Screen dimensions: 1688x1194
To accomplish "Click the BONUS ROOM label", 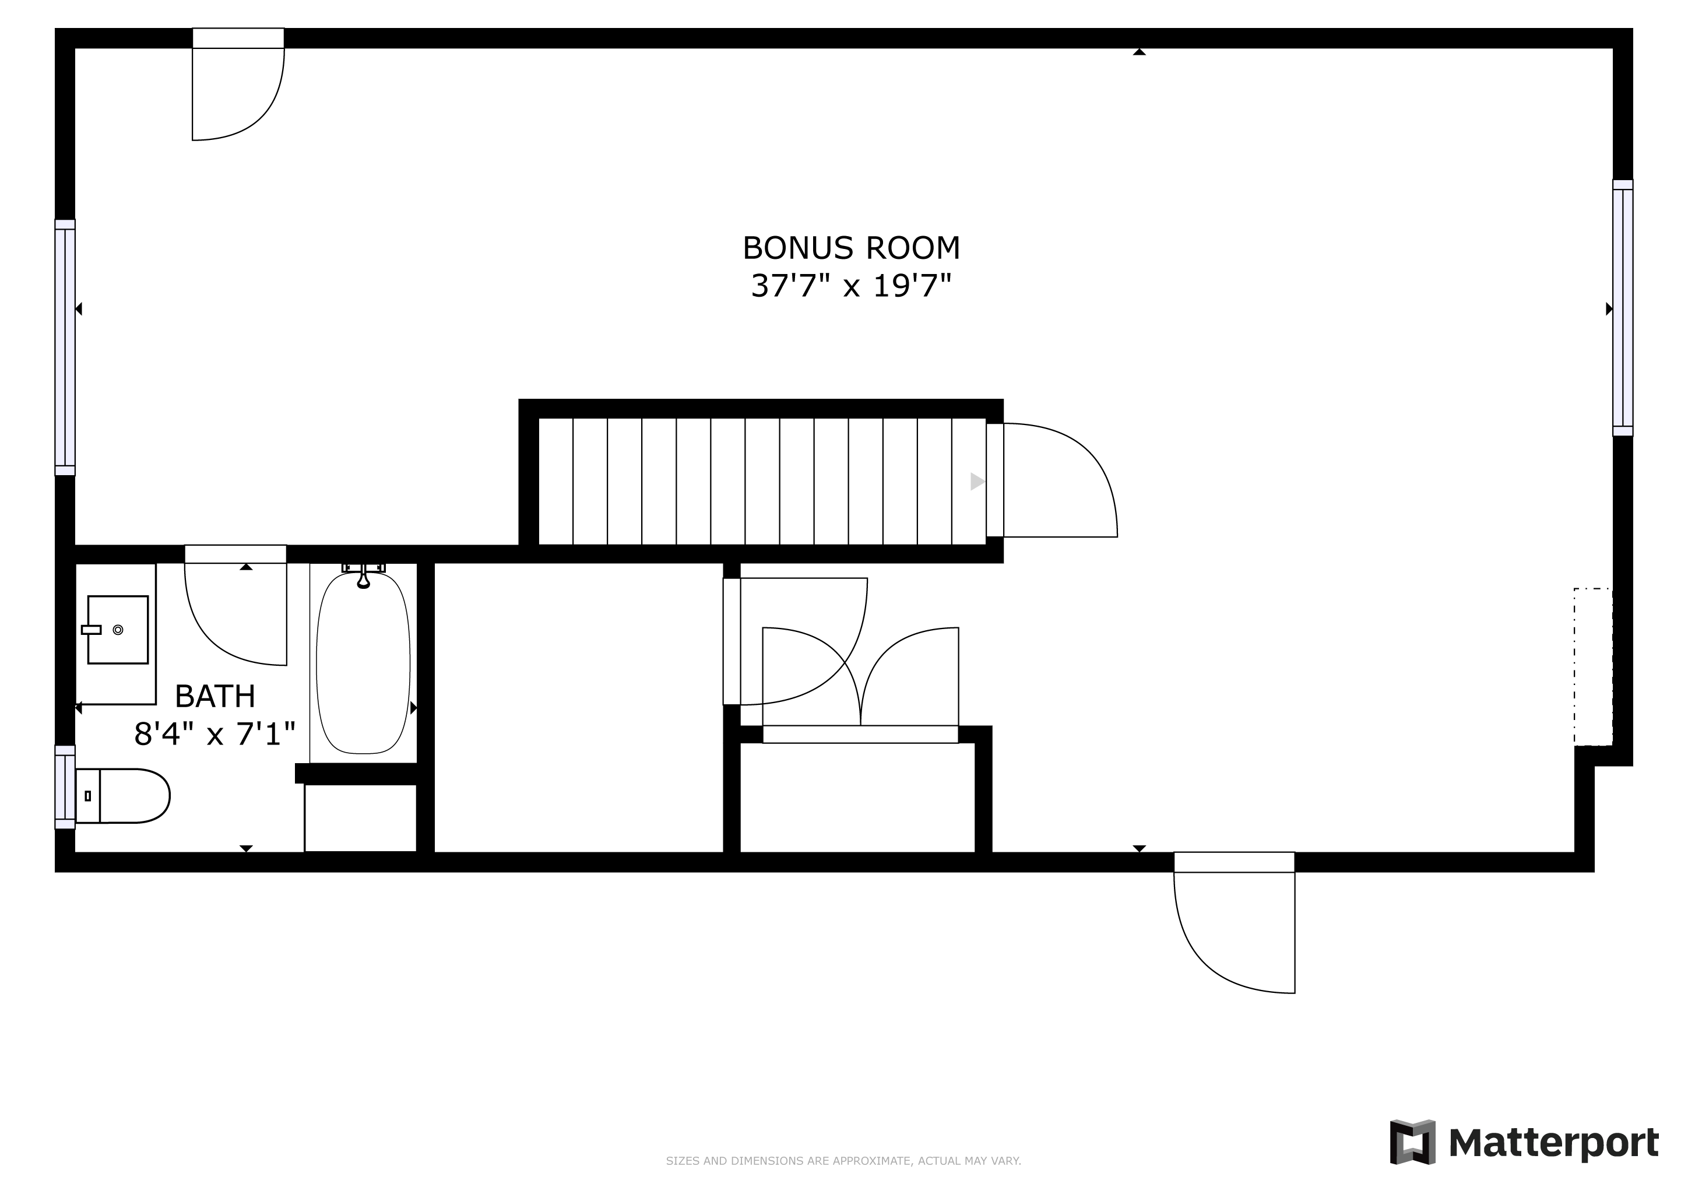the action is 852,248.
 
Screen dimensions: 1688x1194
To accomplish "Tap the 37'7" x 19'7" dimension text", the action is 852,286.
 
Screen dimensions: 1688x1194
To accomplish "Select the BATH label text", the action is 214,696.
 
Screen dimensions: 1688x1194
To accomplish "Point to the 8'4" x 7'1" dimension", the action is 214,734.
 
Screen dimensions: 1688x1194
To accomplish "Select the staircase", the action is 762,482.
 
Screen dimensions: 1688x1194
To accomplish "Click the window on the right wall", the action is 1623,308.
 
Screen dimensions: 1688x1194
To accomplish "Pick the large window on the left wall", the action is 65,347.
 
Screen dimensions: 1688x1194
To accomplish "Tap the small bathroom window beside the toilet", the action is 65,786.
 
